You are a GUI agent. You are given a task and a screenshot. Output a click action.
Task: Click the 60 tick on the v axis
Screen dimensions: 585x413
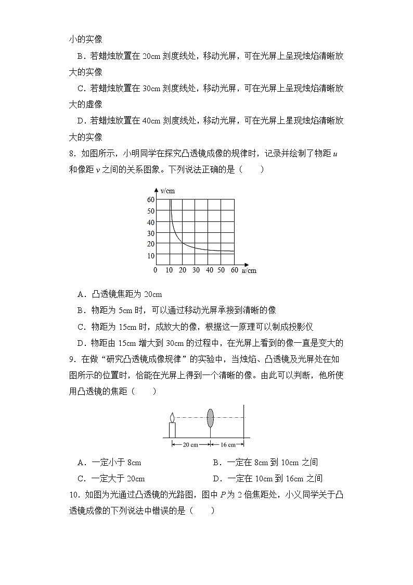pyautogui.click(x=151, y=200)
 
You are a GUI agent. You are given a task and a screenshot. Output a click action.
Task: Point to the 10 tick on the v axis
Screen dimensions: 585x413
pyautogui.click(x=151, y=255)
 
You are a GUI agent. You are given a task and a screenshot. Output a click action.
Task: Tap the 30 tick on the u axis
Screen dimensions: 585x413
pyautogui.click(x=196, y=270)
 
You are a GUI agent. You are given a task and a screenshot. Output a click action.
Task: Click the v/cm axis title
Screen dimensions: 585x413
pyautogui.click(x=167, y=191)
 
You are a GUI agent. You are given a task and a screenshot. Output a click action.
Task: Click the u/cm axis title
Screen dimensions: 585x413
pyautogui.click(x=249, y=271)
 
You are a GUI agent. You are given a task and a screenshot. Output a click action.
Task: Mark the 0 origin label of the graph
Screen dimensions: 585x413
pyautogui.click(x=155, y=270)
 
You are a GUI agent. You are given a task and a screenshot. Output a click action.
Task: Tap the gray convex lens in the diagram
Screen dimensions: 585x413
pyautogui.click(x=210, y=418)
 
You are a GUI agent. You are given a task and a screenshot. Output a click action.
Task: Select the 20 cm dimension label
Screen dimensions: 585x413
pyautogui.click(x=191, y=444)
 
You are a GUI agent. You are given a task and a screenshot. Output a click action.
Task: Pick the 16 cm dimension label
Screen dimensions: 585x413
pyautogui.click(x=228, y=444)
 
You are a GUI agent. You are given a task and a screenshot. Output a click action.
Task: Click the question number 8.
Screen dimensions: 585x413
pyautogui.click(x=71, y=154)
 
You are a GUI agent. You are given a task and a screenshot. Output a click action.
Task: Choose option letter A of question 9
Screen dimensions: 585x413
pyautogui.click(x=81, y=463)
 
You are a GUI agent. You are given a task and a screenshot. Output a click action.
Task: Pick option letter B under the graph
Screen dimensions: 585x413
pyautogui.click(x=81, y=310)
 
